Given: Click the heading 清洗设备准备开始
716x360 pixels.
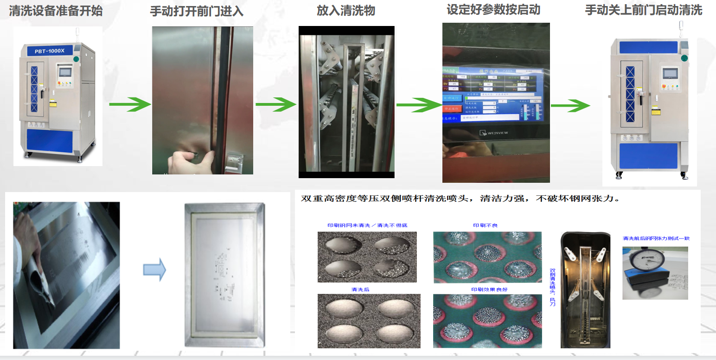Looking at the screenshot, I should (x=56, y=11).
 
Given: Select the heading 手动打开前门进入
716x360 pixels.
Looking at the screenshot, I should (x=197, y=11).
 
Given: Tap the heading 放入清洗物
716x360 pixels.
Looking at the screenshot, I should (x=346, y=11).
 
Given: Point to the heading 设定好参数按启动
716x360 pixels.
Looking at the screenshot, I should (x=493, y=10).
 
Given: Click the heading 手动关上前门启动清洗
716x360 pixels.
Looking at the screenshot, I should (x=644, y=10).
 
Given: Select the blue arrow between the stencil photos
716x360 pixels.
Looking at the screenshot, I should (x=154, y=270).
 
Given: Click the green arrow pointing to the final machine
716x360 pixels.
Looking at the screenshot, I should (x=570, y=105).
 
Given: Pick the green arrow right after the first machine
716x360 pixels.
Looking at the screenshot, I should (x=130, y=104).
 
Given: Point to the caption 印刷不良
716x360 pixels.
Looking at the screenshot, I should (x=485, y=225).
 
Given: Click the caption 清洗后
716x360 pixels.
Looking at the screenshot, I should (x=360, y=289).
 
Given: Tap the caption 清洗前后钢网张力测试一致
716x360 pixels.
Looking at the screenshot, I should (x=656, y=238).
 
